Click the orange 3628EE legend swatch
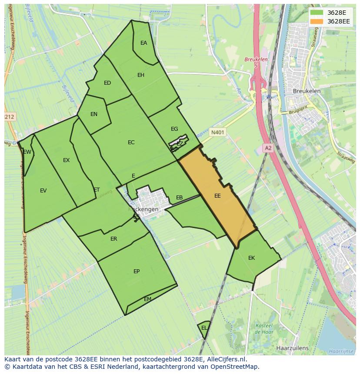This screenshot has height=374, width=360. (317, 21)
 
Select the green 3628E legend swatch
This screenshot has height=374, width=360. (317, 13)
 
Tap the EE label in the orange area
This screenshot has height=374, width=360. (217, 196)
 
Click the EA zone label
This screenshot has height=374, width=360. (143, 43)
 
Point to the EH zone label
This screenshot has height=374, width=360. (141, 75)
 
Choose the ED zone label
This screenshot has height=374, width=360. (107, 83)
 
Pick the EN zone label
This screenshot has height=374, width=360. (94, 114)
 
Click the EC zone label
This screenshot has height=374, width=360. (131, 142)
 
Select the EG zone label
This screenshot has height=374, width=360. (174, 129)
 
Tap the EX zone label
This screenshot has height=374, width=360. (66, 160)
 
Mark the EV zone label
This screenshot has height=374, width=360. (43, 191)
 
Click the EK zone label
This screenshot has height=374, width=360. (251, 258)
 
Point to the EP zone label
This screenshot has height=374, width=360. (137, 271)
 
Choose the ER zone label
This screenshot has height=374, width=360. (114, 239)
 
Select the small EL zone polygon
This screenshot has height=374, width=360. (204, 329)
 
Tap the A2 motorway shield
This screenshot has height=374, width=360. (268, 148)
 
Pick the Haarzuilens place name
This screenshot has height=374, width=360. (292, 348)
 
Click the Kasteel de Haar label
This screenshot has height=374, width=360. (263, 329)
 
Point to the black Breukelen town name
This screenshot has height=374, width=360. (307, 91)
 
